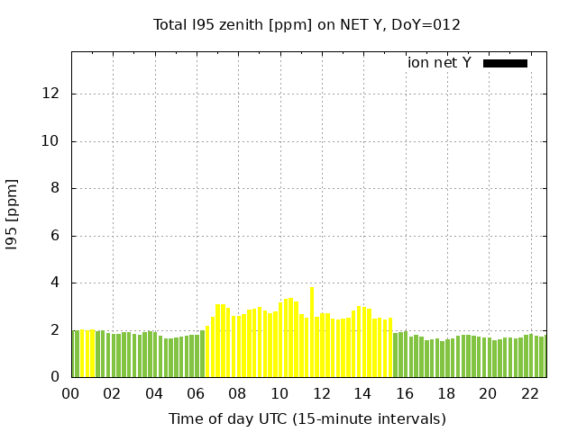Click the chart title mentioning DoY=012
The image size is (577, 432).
click(x=307, y=25)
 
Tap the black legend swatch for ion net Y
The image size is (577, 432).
click(x=505, y=63)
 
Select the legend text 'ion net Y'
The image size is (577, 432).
click(x=439, y=63)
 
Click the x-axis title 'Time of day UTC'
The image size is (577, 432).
click(x=307, y=418)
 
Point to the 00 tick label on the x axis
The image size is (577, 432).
click(x=71, y=394)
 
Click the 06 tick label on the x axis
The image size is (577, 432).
click(x=196, y=394)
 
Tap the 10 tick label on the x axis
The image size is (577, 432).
click(x=279, y=394)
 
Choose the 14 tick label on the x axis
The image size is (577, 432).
click(x=362, y=394)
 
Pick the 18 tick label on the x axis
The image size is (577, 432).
click(x=446, y=394)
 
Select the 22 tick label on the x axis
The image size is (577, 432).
click(x=529, y=394)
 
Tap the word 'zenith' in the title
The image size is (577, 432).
click(x=254, y=25)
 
